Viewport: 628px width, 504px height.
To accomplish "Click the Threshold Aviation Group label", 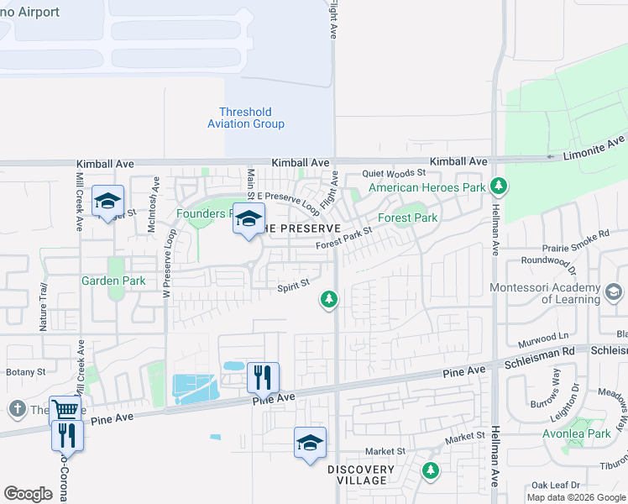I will [x=246, y=118].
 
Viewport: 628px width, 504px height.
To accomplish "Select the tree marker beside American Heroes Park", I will [x=499, y=185].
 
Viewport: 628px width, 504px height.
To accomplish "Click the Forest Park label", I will [x=407, y=218].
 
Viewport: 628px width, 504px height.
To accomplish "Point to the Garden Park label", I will [x=113, y=281].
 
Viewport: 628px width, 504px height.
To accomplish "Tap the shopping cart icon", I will [x=65, y=410].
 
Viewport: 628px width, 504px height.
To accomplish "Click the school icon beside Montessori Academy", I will [x=614, y=291].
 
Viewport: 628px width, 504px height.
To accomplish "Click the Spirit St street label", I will [x=294, y=287].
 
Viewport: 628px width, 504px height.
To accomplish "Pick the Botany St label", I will [x=24, y=371].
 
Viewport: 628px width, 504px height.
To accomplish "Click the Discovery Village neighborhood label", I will [x=361, y=475].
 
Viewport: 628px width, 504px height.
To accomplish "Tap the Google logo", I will [x=29, y=494].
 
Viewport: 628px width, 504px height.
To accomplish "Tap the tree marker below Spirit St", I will [x=330, y=299].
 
